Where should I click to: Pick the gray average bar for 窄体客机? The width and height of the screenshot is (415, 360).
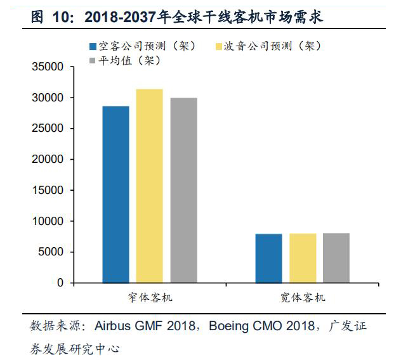pyautogui.click(x=183, y=190)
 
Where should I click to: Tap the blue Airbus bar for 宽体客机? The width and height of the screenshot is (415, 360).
pyautogui.click(x=268, y=258)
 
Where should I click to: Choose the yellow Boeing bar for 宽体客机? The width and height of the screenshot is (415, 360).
pyautogui.click(x=302, y=258)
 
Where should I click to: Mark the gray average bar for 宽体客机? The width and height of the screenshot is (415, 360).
pyautogui.click(x=336, y=258)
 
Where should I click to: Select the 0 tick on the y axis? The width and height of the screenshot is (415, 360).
pyautogui.click(x=60, y=283)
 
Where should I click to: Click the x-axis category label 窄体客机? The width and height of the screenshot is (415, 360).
pyautogui.click(x=150, y=297)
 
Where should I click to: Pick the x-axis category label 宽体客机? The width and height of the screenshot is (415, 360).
pyautogui.click(x=303, y=297)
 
